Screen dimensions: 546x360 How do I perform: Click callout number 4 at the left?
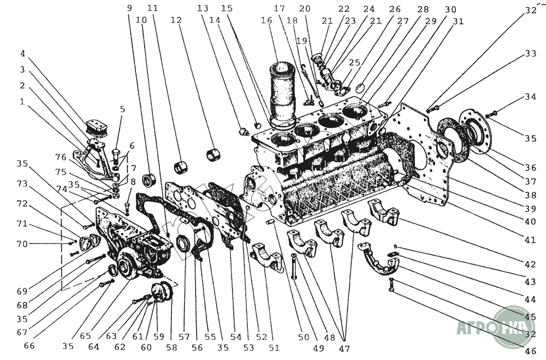[x=23, y=54]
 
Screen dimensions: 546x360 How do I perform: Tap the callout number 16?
[x=266, y=21]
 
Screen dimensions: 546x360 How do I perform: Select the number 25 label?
[x=354, y=63]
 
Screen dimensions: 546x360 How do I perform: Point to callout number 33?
[x=531, y=54]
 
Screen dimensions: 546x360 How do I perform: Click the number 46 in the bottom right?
[x=531, y=350]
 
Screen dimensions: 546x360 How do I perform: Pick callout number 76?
[x=61, y=157]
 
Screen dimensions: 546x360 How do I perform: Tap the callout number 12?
[x=176, y=21]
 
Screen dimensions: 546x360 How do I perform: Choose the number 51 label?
[x=274, y=347]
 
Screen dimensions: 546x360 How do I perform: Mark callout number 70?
[x=22, y=244]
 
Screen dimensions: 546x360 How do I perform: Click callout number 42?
[x=531, y=264]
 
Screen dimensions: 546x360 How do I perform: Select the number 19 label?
[x=302, y=41]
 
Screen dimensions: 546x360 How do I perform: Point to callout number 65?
[x=85, y=335]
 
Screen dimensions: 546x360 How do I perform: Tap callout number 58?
[x=171, y=347]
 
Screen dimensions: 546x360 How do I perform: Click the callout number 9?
[x=129, y=8]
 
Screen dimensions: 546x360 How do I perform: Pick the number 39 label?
[x=531, y=208]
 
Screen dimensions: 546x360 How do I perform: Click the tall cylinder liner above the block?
[x=282, y=94]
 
